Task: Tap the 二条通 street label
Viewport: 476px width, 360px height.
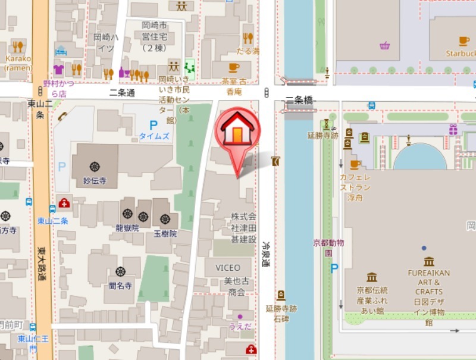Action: pos(123,93)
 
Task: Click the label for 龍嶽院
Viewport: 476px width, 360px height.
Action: pos(127,228)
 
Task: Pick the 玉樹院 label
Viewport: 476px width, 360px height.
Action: pos(165,234)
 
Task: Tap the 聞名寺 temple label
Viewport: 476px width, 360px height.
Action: pos(120,286)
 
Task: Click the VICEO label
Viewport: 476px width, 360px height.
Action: pos(228,268)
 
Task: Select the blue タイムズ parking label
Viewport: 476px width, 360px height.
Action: pos(154,136)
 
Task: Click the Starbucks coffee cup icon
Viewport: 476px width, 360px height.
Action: pos(464,41)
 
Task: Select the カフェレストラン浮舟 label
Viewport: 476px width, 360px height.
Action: pos(355,187)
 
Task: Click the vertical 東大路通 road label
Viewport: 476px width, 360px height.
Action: pos(41,264)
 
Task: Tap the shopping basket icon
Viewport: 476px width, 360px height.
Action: pos(385,46)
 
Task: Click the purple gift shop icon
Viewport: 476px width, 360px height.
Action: pos(453,129)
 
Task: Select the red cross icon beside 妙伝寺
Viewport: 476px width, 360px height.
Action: pos(64,203)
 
